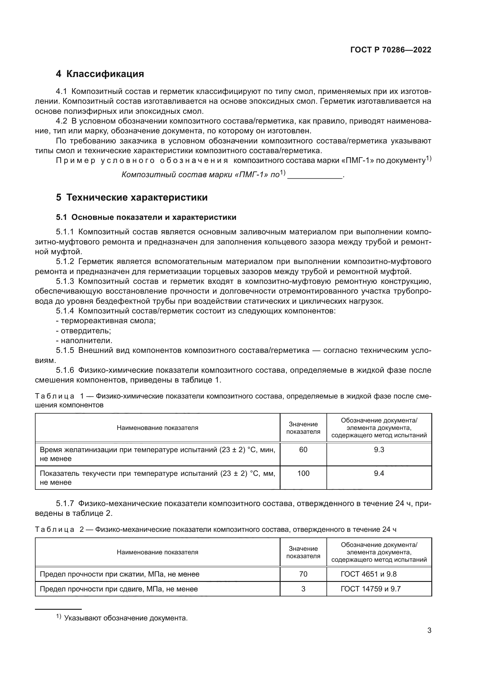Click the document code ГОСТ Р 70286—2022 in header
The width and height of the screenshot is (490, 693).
391,50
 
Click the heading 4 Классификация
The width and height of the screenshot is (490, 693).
100,74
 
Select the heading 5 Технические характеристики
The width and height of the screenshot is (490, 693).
132,197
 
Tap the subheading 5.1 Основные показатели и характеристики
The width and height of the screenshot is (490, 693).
146,217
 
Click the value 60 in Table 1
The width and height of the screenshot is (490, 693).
303,450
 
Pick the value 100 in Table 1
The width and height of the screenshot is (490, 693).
303,473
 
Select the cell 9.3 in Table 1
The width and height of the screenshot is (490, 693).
379,450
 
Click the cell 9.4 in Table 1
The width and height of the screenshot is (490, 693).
379,473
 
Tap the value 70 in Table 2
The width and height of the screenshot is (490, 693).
303,574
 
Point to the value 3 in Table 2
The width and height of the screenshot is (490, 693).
303,589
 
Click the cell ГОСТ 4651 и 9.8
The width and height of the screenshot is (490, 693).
369,574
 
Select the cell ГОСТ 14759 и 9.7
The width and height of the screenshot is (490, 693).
371,589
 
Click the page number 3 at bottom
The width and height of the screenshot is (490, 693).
429,630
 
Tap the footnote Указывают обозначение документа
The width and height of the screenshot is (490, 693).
126,618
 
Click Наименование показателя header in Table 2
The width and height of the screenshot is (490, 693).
158,552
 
